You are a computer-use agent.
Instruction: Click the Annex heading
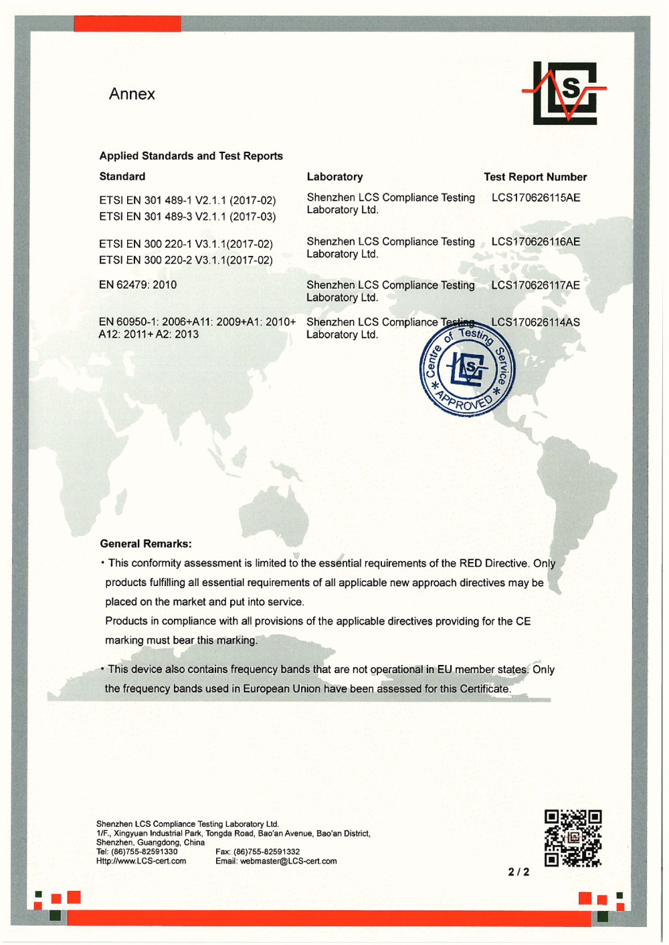[x=132, y=94]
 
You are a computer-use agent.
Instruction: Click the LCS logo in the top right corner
[x=567, y=93]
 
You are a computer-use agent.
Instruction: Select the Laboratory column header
[x=334, y=177]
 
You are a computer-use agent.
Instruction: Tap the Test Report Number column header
[x=535, y=177]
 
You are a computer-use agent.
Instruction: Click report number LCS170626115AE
[x=535, y=198]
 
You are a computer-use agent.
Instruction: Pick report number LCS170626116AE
[x=535, y=242]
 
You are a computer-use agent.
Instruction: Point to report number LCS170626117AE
[x=535, y=285]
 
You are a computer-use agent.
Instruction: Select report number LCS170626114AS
[x=535, y=322]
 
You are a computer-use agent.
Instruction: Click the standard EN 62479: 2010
[x=138, y=285]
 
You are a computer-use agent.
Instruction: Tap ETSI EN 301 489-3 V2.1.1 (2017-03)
[x=187, y=217]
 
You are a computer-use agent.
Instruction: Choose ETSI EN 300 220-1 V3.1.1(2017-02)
[x=186, y=244]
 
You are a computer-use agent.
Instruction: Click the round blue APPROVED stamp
[x=467, y=372]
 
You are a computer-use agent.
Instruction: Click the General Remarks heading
[x=146, y=544]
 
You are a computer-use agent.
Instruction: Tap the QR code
[x=573, y=838]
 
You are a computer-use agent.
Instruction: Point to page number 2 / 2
[x=518, y=872]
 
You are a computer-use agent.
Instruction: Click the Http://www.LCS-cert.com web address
[x=141, y=861]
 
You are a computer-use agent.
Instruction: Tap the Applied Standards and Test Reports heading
[x=191, y=156]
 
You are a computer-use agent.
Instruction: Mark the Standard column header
[x=122, y=176]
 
